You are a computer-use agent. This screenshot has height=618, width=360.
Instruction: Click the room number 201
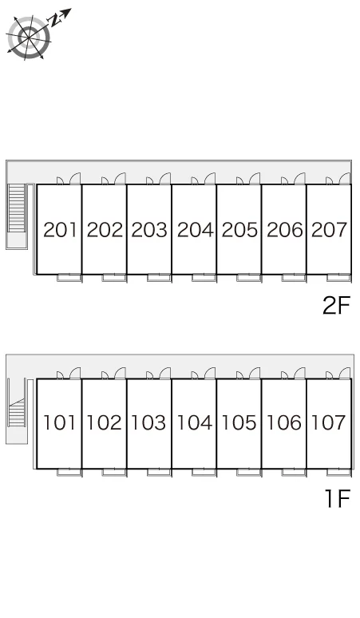(x=60, y=230)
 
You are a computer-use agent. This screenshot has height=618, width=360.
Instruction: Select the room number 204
(x=195, y=230)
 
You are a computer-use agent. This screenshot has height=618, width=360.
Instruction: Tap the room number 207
(x=329, y=230)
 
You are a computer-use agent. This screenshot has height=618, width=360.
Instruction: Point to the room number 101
(x=59, y=422)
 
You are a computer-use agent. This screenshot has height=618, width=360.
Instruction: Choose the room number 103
(x=148, y=422)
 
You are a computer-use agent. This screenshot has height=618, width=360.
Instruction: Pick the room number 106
(x=284, y=422)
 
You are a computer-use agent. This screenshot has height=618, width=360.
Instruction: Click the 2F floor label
(x=336, y=305)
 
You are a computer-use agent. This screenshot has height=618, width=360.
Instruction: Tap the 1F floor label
(x=338, y=498)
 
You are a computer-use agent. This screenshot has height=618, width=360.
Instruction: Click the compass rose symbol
(x=29, y=38)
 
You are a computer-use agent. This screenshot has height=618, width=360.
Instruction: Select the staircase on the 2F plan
(x=17, y=208)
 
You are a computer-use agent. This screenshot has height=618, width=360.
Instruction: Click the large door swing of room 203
(x=165, y=179)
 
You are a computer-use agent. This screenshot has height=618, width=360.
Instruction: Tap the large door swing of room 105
(x=255, y=373)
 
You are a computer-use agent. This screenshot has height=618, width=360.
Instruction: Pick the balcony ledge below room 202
(x=114, y=278)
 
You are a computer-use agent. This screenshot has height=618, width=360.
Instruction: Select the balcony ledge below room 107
(x=338, y=472)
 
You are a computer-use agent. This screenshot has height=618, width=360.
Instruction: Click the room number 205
(x=239, y=230)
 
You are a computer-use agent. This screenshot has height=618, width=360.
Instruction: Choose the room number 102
(x=104, y=422)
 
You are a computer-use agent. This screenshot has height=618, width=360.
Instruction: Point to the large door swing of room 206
(x=300, y=179)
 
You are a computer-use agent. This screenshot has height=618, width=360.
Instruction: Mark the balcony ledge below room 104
(x=204, y=472)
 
